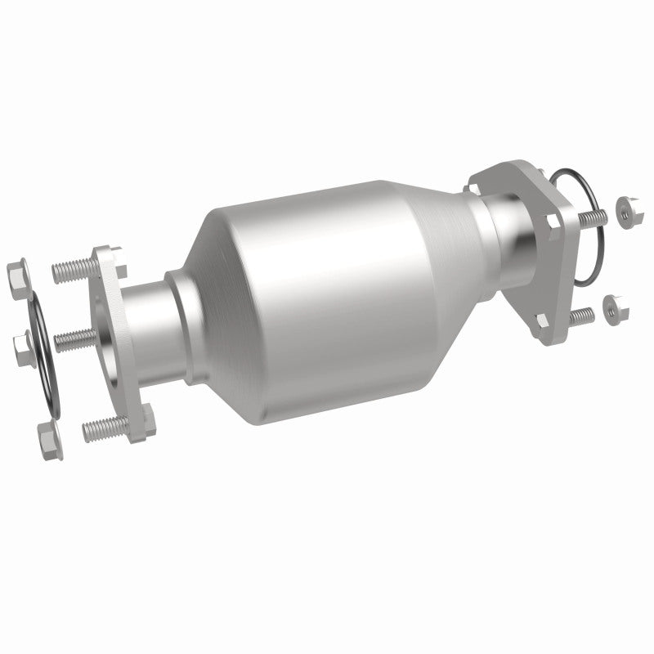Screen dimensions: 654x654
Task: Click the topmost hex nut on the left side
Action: [17, 270]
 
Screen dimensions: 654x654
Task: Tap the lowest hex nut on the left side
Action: [47, 438]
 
